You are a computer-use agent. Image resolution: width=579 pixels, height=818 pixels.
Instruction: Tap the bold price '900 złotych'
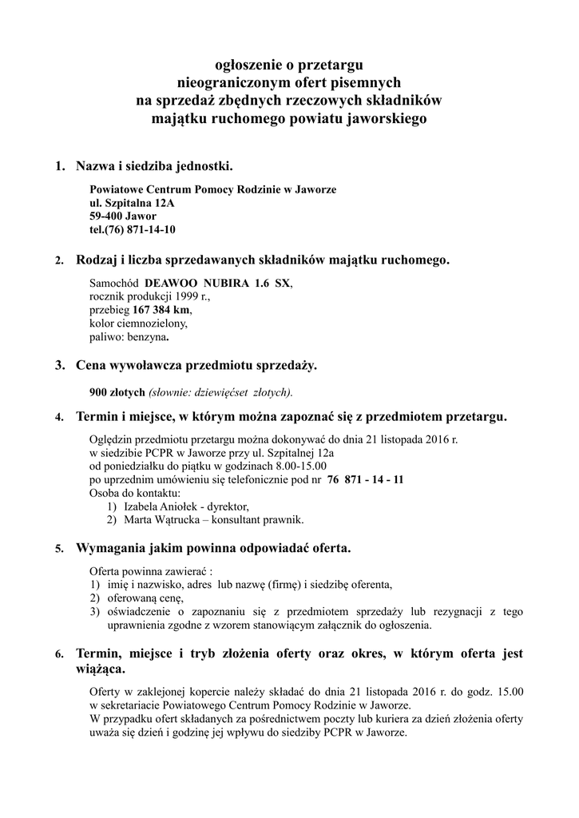tap(117, 391)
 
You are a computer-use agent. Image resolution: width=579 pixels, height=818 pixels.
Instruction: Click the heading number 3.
tap(59, 366)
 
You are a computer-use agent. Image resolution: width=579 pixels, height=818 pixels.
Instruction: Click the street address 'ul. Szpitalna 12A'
tap(132, 203)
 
